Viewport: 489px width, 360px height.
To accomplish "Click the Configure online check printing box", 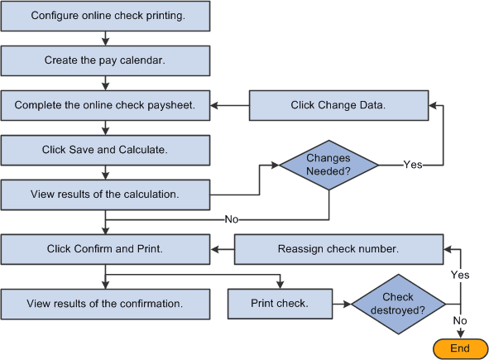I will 105,16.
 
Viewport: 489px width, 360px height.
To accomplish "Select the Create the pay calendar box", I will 105,60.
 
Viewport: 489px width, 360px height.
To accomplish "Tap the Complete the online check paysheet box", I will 105,105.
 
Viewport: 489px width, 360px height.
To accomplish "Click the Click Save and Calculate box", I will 105,150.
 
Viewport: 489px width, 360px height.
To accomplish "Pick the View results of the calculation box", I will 105,195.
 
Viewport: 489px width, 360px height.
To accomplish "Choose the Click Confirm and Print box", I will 105,248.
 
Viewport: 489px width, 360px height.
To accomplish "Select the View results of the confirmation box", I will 105,303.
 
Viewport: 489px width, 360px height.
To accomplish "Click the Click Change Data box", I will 338,105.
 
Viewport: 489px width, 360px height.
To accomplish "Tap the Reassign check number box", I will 339,248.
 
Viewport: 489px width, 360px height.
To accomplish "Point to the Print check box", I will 280,303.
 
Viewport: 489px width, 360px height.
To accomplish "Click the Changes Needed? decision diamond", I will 329,164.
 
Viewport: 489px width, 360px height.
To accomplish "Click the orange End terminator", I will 459,348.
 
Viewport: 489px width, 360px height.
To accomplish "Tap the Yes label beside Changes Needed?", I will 413,165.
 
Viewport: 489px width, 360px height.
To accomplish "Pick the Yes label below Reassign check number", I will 460,274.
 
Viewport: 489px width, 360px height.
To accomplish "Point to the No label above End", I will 460,320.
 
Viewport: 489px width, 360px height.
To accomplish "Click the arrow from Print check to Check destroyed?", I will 341,304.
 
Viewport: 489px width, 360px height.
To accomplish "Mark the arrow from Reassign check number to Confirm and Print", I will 222,248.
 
